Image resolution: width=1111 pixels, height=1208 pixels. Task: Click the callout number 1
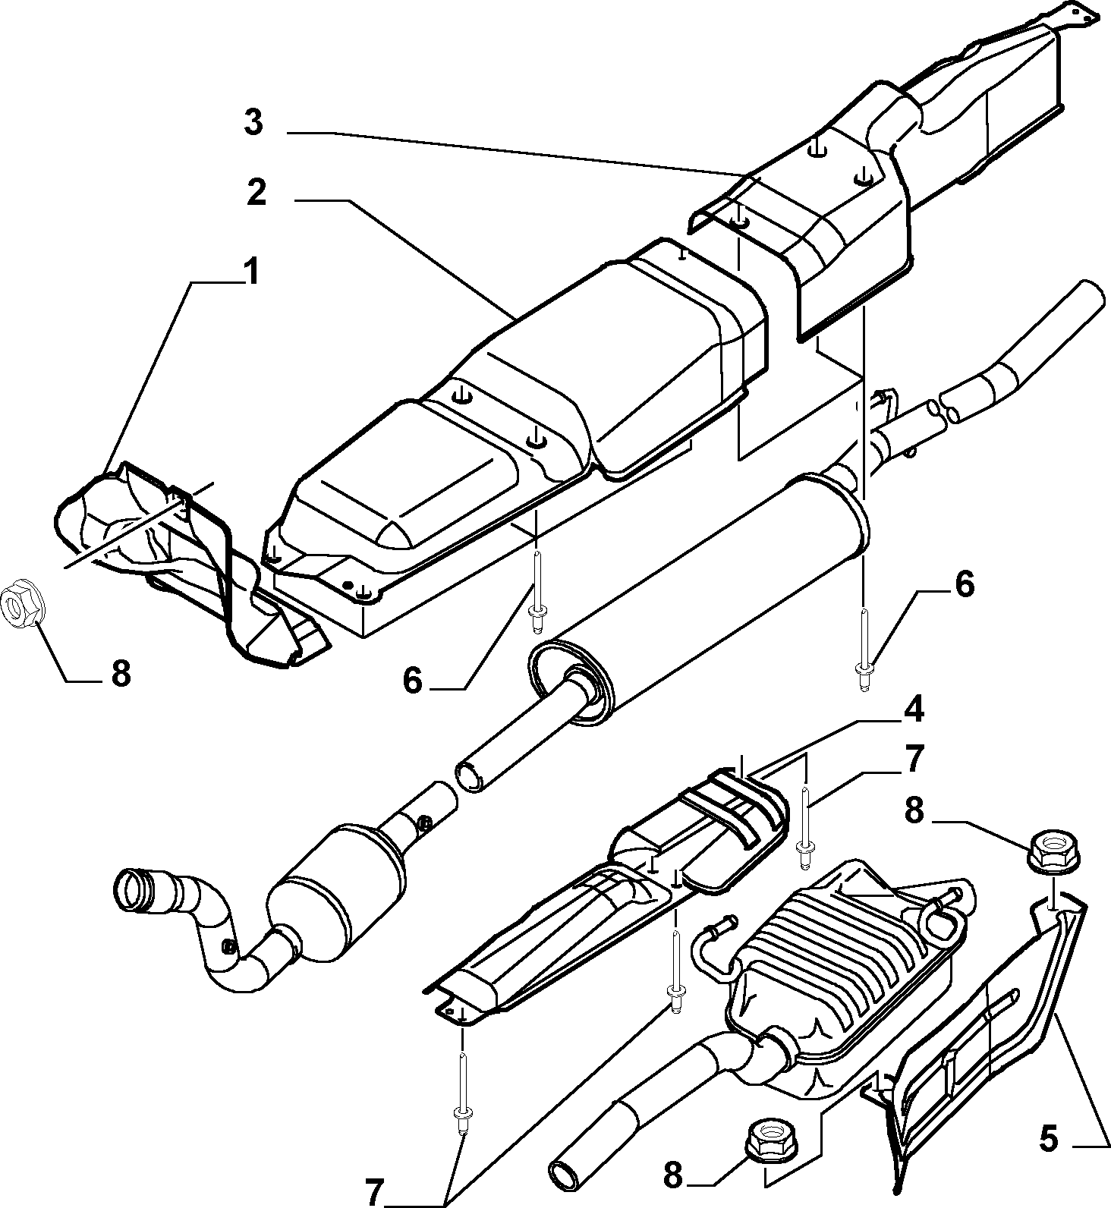(x=251, y=272)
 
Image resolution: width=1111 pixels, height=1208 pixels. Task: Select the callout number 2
(x=257, y=194)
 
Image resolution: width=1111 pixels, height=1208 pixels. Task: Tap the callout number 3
(x=253, y=122)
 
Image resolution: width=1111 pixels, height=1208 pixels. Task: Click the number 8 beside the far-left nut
(x=121, y=672)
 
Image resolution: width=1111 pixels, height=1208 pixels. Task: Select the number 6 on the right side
(x=964, y=585)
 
